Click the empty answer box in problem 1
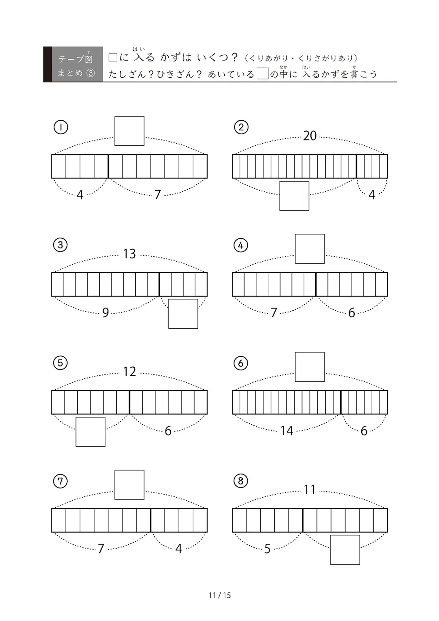[129, 131]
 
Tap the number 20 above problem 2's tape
[310, 136]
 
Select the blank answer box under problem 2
[294, 196]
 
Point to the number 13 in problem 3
[129, 254]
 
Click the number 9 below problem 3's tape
[105, 313]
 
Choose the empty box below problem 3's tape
[183, 314]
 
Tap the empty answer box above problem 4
[310, 249]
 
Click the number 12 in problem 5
[130, 372]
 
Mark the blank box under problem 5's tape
[90, 432]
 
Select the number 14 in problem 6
[287, 431]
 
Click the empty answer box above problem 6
[310, 367]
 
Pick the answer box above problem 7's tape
[129, 485]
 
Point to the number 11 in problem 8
[310, 490]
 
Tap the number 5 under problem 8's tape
[267, 549]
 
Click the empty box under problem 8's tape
[345, 550]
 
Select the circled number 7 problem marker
[60, 481]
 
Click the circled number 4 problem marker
[241, 245]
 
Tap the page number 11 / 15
[219, 595]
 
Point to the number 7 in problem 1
[158, 195]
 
